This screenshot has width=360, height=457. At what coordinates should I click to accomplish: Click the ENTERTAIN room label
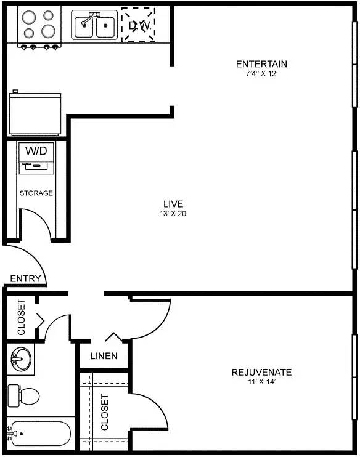point(261,64)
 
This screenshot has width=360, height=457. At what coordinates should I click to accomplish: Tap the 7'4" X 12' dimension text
point(261,74)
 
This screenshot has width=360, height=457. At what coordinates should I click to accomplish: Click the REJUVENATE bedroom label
point(261,372)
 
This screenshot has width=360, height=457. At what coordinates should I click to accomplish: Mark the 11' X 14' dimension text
point(261,382)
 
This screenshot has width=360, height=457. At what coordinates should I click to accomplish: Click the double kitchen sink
point(95,25)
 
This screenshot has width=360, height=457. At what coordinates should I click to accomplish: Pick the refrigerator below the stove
point(35,113)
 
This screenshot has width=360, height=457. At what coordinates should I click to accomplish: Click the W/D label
point(36,150)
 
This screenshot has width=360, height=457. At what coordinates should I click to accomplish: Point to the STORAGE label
point(36,193)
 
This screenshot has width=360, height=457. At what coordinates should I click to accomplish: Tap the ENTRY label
point(25,279)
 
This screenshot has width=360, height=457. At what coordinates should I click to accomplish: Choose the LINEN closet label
point(103,356)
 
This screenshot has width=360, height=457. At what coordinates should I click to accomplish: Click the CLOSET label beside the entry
point(22,317)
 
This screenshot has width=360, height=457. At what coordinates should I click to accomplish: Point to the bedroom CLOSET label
point(104,412)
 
